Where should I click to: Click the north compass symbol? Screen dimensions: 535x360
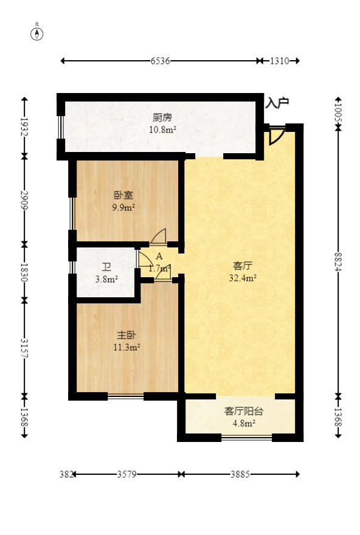tap(37, 33)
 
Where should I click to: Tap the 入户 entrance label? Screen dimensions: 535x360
tap(277, 103)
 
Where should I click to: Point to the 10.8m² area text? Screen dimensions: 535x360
tap(162, 129)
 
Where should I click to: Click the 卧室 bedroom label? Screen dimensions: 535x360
tap(123, 196)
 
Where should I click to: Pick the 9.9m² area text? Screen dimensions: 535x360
tap(123, 207)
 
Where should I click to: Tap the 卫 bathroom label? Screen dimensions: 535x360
tap(106, 267)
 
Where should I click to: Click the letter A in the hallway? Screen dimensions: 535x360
tap(159, 257)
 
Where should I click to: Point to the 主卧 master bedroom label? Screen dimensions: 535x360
tap(127, 335)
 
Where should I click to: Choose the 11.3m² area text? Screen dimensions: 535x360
tap(127, 347)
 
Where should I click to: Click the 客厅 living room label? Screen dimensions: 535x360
tap(243, 266)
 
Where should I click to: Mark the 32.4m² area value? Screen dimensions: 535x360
tap(243, 278)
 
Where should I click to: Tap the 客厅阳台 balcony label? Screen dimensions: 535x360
tap(243, 412)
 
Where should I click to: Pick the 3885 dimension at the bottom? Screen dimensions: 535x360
tap(240, 474)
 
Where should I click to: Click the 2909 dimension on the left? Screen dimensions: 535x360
tap(24, 200)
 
